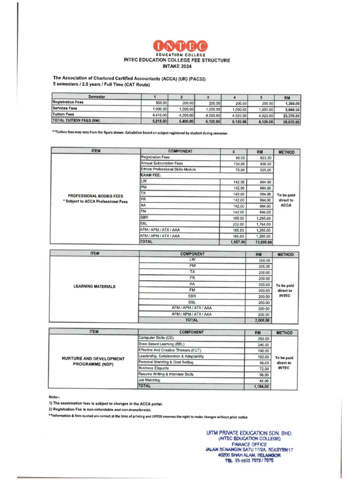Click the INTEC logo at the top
(x=180, y=46)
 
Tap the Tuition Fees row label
(x=64, y=114)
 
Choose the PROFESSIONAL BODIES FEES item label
(x=96, y=196)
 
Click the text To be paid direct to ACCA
(x=286, y=200)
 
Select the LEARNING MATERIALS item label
(x=94, y=286)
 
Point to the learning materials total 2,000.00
(x=262, y=321)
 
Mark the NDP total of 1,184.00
(x=262, y=387)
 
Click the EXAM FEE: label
(x=151, y=175)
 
